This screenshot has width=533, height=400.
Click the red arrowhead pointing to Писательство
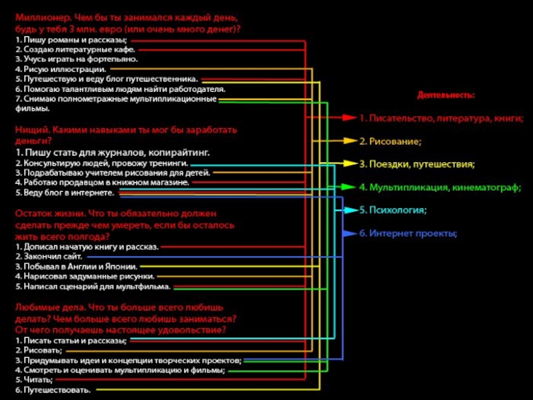(x=350, y=118)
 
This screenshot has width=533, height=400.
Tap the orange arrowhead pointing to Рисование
(x=351, y=141)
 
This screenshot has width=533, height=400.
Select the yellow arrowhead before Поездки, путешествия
(x=351, y=163)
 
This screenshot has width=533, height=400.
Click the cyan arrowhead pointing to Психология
(x=351, y=210)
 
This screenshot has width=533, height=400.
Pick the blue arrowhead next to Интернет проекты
(x=350, y=233)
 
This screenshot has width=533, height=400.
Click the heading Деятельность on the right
(x=446, y=95)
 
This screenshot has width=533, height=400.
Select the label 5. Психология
(x=393, y=210)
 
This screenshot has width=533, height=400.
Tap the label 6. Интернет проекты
(x=408, y=233)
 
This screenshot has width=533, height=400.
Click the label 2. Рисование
(x=390, y=141)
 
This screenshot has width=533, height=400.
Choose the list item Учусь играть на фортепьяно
(x=77, y=59)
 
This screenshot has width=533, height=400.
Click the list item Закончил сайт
(x=49, y=256)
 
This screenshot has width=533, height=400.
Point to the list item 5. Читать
(x=34, y=379)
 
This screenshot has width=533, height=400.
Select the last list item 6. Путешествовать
(x=53, y=390)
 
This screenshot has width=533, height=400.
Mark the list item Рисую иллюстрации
(x=61, y=69)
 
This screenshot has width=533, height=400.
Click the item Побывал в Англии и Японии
(x=77, y=266)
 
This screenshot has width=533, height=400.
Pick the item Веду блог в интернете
(x=65, y=193)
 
